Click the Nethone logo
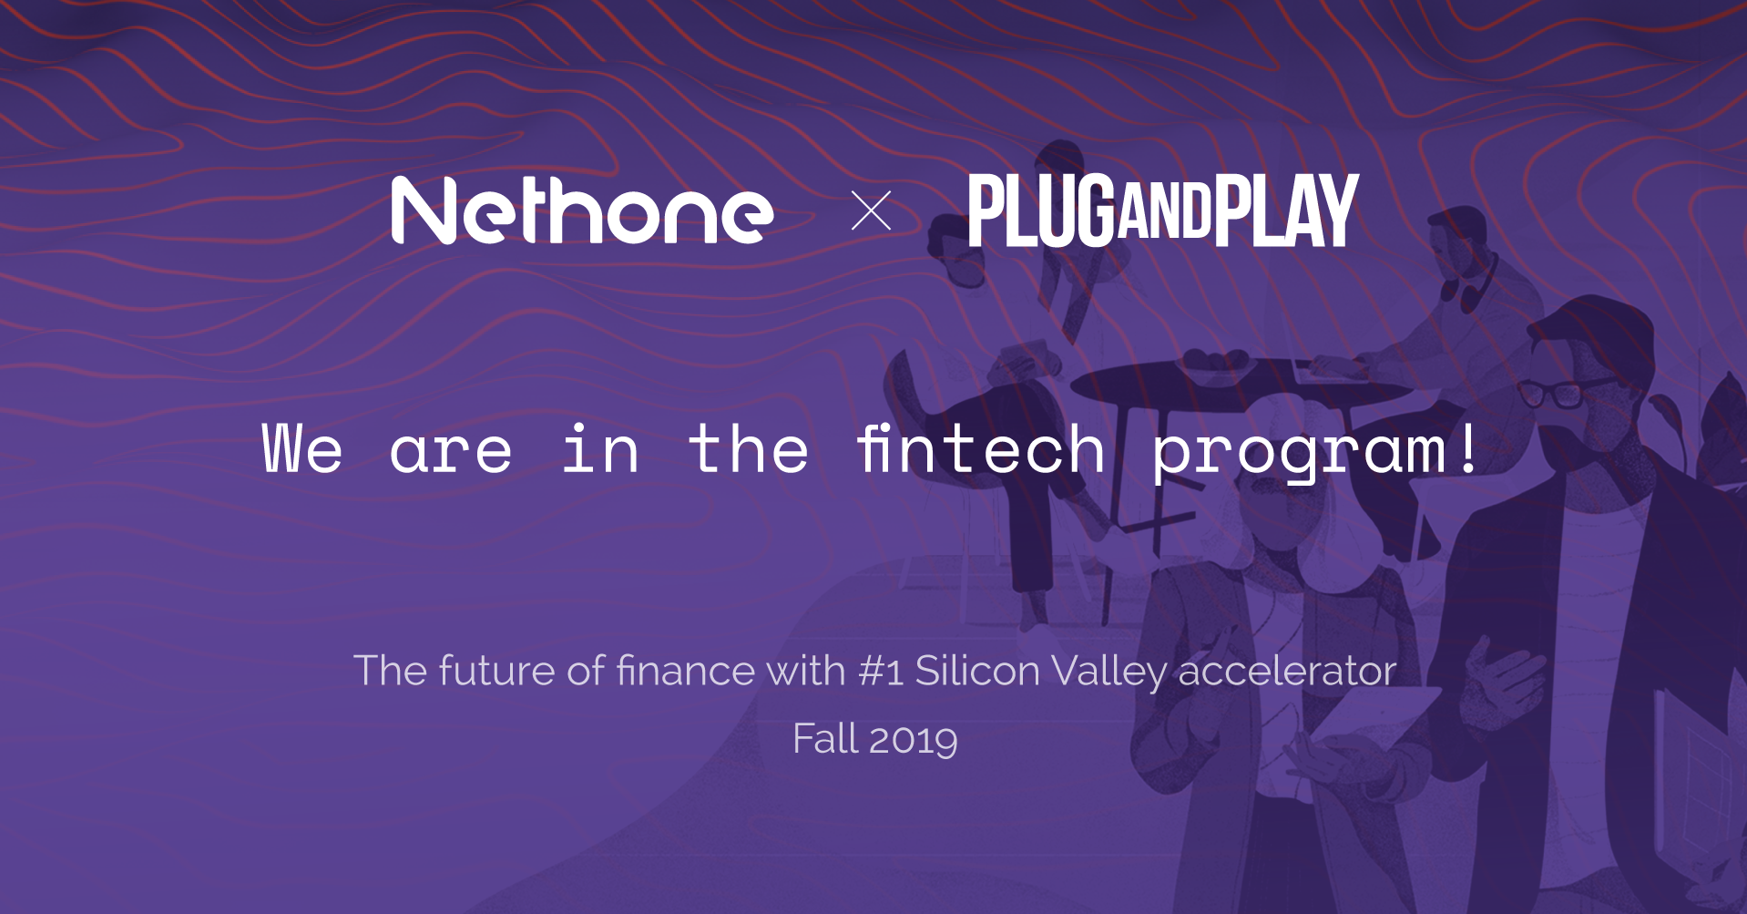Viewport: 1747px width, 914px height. (582, 211)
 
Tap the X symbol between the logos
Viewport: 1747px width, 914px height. (871, 211)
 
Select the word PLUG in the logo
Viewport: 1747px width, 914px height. (1042, 211)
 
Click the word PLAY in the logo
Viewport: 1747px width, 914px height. (1286, 211)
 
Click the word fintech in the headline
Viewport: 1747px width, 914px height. (981, 448)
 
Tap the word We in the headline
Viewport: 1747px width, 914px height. (302, 448)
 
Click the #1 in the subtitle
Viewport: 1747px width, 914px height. (881, 671)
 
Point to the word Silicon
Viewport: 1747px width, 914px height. (977, 671)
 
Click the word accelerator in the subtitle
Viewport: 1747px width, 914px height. (1287, 671)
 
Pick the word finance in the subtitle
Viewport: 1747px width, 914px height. (686, 671)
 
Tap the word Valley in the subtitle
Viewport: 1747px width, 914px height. (1108, 673)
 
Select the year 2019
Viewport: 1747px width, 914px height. (914, 739)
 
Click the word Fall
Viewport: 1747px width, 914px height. (825, 738)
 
